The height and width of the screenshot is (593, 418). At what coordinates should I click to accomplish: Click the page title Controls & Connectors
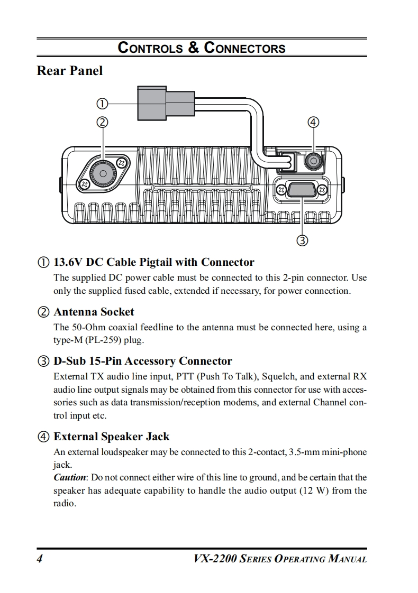point(202,48)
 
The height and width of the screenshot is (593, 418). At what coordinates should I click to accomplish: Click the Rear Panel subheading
point(69,71)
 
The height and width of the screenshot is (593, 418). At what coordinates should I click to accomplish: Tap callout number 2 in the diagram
point(102,122)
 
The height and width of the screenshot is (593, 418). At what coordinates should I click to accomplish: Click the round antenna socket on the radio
point(103,174)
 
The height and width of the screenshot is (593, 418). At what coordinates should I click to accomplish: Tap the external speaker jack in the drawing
point(314,160)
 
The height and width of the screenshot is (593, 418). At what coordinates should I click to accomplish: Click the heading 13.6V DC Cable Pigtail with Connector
point(153,262)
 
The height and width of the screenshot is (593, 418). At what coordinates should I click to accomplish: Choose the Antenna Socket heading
point(94,312)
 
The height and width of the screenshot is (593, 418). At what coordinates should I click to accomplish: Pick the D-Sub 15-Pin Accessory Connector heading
point(142,362)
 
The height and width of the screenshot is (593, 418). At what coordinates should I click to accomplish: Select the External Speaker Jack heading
point(111,437)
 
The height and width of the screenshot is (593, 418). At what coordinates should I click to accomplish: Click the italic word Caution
point(70,478)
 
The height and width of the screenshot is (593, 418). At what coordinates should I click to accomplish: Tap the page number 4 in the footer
point(40,559)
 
